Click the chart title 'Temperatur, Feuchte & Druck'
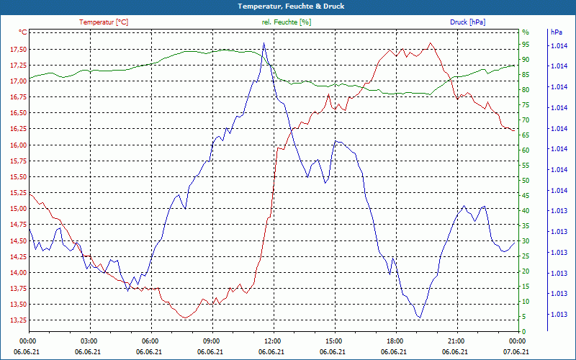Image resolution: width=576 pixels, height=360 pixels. pyautogui.click(x=288, y=6)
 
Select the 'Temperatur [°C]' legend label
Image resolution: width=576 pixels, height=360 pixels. pyautogui.click(x=104, y=22)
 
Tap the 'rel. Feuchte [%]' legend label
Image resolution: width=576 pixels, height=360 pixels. pyautogui.click(x=287, y=22)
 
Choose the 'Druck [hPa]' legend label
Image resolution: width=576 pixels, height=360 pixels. pyautogui.click(x=467, y=22)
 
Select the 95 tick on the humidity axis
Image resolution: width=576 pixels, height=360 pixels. pyautogui.click(x=526, y=45)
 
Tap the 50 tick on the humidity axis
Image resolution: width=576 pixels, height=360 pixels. pyautogui.click(x=526, y=181)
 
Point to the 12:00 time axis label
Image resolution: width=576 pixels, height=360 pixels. pyautogui.click(x=272, y=340)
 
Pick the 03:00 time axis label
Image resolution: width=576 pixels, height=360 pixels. pyautogui.click(x=89, y=340)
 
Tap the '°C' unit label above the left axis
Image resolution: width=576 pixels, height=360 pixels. pyautogui.click(x=23, y=32)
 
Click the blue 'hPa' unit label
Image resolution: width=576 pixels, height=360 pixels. pyautogui.click(x=556, y=32)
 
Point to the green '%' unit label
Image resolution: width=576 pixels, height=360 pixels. pyautogui.click(x=526, y=32)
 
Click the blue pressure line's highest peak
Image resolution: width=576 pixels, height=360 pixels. pyautogui.click(x=264, y=42)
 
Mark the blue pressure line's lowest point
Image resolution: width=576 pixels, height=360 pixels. pyautogui.click(x=419, y=318)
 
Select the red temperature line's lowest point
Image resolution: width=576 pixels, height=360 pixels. pyautogui.click(x=185, y=318)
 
